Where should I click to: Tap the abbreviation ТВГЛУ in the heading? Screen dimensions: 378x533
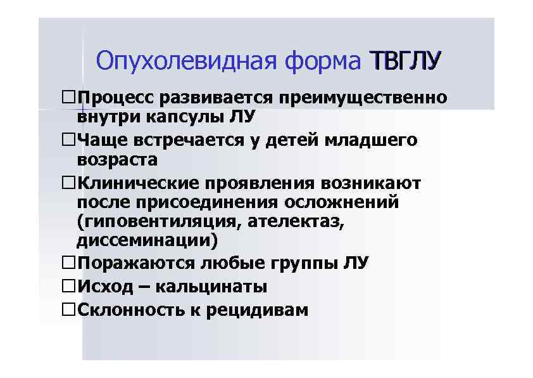point(404,62)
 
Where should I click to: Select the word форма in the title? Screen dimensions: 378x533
point(322,62)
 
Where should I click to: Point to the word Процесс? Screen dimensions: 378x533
point(115,98)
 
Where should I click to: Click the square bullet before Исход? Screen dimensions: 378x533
point(69,286)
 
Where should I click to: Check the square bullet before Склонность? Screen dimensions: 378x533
point(69,310)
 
